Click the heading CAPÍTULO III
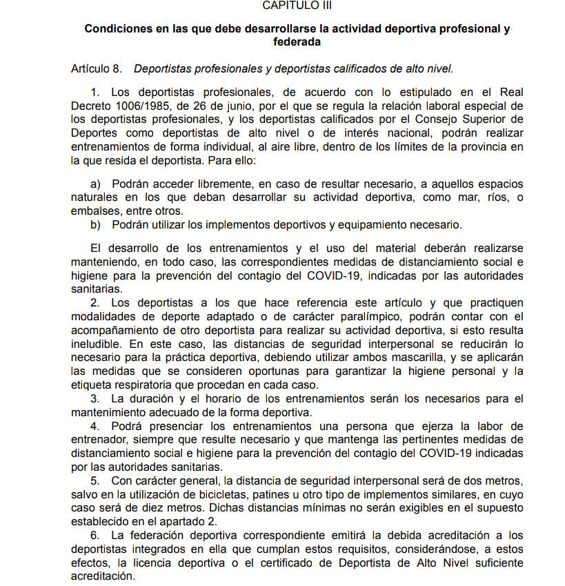297,5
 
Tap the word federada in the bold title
297,41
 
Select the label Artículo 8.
97,69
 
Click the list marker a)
96,184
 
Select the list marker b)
96,225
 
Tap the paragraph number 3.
95,399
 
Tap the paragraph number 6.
95,535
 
